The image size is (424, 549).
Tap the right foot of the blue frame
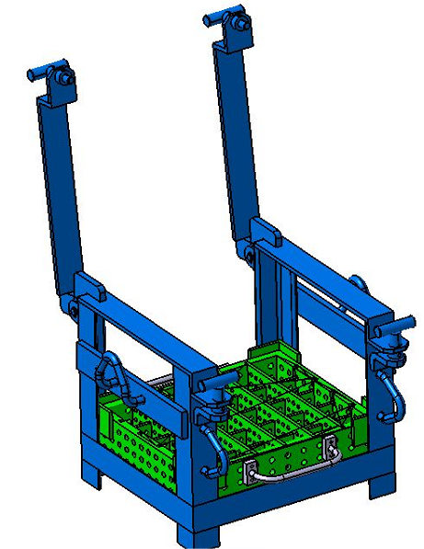[377, 484]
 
